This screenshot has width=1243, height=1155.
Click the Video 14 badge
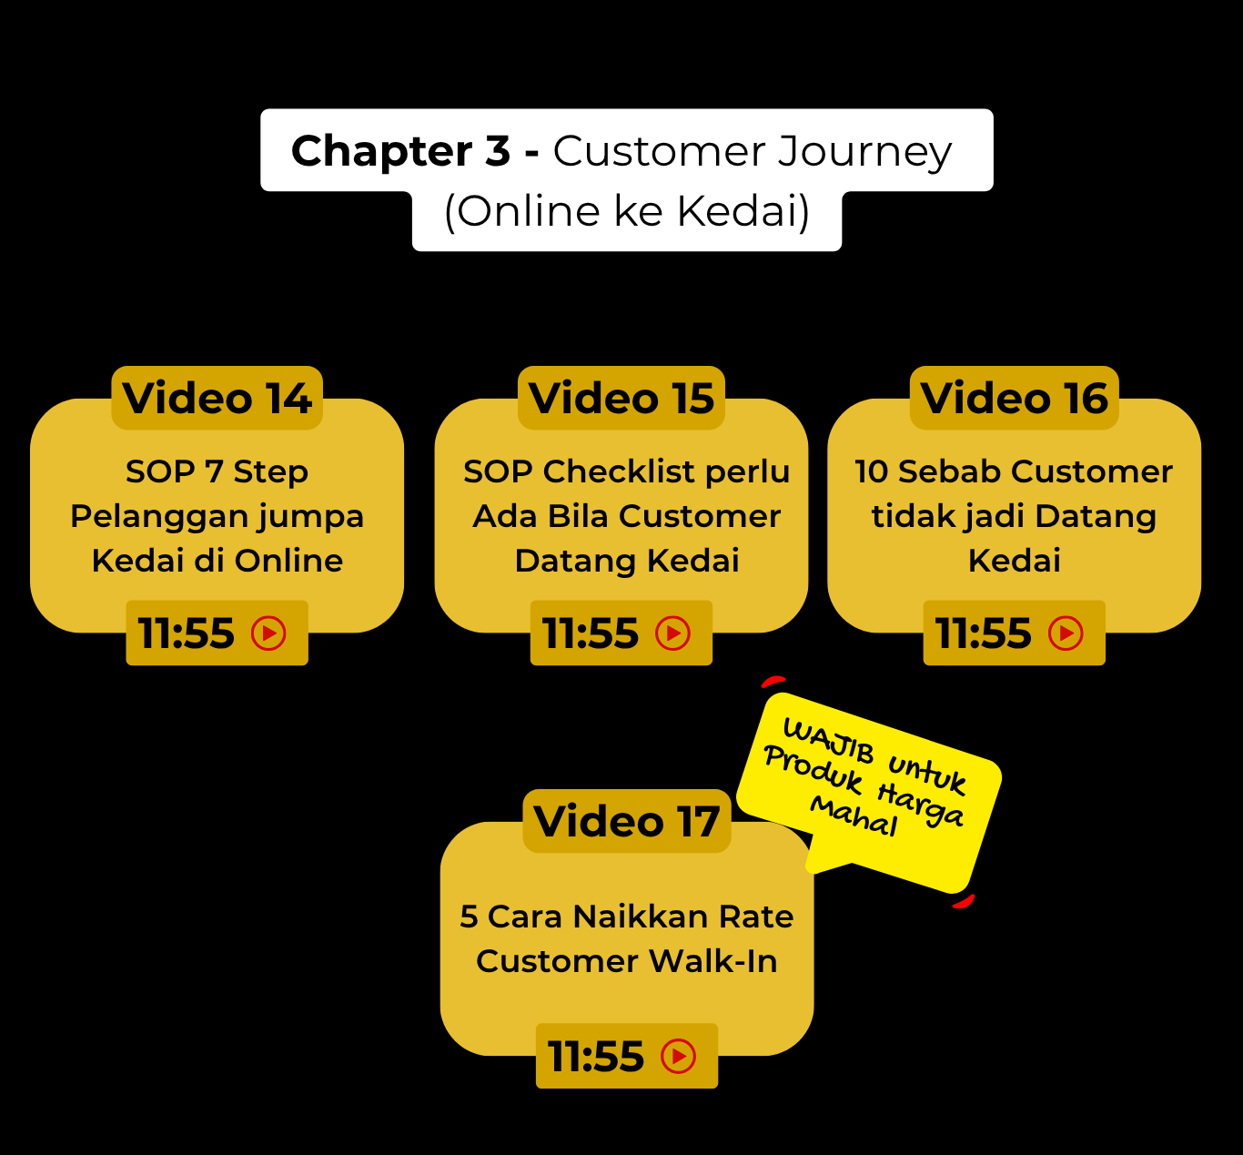coord(217,399)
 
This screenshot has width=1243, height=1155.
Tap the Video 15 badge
coord(621,399)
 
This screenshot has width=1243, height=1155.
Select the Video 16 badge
coord(1014,399)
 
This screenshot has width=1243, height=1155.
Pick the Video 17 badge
coord(626,822)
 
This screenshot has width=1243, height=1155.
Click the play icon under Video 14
coord(268,633)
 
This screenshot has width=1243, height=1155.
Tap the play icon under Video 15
coord(673,633)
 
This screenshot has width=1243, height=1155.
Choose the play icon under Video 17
coord(679,1057)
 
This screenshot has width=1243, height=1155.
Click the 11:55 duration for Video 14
coord(187,633)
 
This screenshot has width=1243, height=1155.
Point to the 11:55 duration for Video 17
coord(596,1057)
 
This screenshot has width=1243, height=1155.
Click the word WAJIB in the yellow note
coord(828,740)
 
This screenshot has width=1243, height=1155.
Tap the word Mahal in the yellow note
coord(854,816)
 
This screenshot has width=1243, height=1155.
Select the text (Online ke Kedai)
coord(626,211)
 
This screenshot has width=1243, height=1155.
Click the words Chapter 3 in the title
coord(400,151)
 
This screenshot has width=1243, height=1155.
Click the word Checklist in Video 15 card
coord(619,471)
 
